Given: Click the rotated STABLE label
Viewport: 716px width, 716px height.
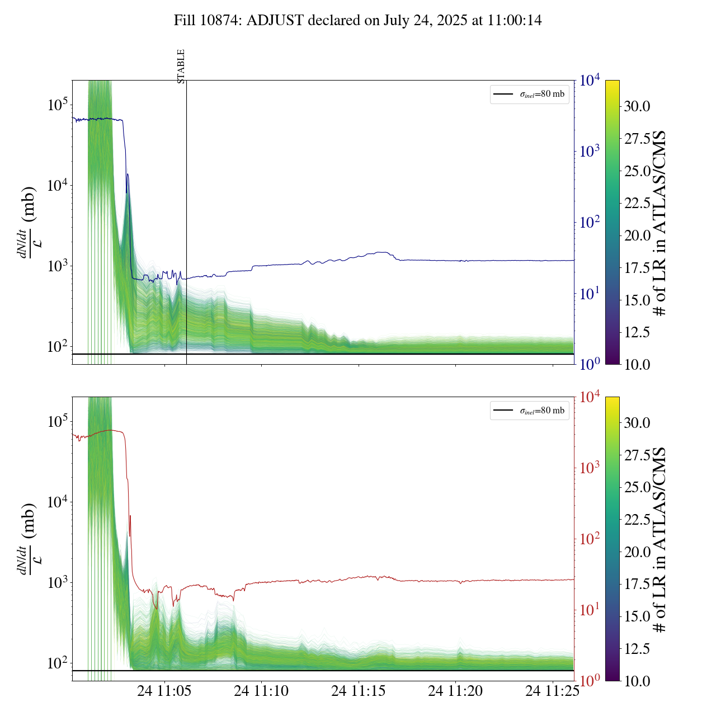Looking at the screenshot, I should pyautogui.click(x=181, y=67).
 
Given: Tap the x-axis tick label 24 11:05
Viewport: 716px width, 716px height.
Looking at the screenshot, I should pyautogui.click(x=164, y=691).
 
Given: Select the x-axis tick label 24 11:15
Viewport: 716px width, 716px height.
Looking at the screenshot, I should pyautogui.click(x=359, y=691).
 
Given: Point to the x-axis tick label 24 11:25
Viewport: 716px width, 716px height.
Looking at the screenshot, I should pyautogui.click(x=552, y=691).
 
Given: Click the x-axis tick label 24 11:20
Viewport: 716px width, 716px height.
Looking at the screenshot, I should pyautogui.click(x=455, y=691).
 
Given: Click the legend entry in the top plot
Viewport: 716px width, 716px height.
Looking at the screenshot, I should pyautogui.click(x=529, y=94).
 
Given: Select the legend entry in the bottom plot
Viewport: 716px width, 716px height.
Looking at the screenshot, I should pyautogui.click(x=529, y=411).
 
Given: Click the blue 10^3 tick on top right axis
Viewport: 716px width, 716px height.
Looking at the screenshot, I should pyautogui.click(x=590, y=151).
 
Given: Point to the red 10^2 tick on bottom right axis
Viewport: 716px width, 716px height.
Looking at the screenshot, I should pyautogui.click(x=590, y=539).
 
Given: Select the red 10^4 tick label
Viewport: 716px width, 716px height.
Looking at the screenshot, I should pyautogui.click(x=590, y=397).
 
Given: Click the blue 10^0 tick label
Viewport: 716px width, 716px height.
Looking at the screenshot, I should pyautogui.click(x=590, y=364).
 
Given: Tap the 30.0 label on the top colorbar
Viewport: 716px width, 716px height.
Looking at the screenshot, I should pyautogui.click(x=638, y=106).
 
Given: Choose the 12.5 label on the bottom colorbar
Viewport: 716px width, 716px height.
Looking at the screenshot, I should pyautogui.click(x=638, y=649).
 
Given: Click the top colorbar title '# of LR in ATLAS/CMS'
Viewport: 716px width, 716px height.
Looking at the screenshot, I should pyautogui.click(x=660, y=223).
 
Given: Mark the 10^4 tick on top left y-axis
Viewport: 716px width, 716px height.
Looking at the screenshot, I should pyautogui.click(x=58, y=185).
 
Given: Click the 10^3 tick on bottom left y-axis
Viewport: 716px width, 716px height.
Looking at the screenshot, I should pyautogui.click(x=58, y=582).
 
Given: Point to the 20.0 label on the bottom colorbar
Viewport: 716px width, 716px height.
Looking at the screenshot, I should pyautogui.click(x=638, y=552).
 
